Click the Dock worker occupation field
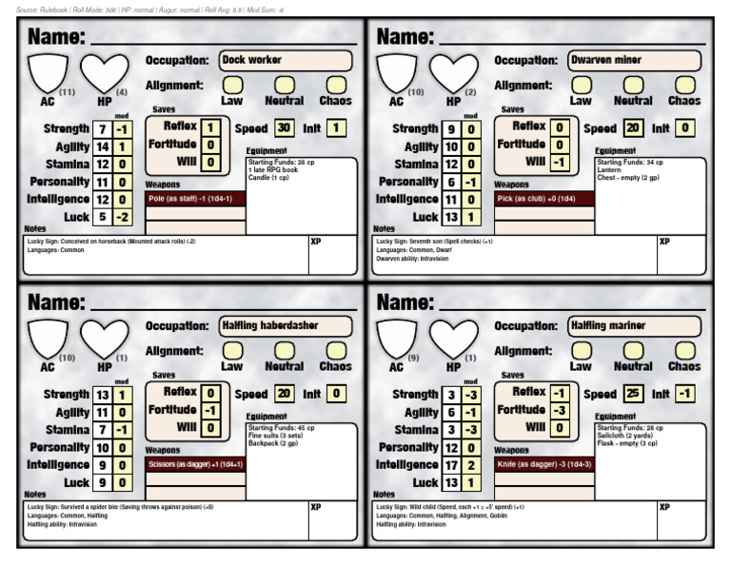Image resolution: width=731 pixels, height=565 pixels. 286,60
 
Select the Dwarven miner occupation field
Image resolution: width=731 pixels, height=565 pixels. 635,60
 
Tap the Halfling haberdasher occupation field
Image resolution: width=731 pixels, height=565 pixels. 286,325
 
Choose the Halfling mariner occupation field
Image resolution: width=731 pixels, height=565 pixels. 635,325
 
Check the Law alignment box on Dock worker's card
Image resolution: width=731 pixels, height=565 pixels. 231,86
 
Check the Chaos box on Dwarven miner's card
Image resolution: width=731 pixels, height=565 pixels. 684,86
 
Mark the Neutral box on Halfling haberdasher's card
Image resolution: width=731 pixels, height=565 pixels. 284,351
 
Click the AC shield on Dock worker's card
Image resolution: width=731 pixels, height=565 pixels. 48,72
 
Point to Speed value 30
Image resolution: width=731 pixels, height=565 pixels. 284,128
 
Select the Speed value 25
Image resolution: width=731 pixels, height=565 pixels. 633,394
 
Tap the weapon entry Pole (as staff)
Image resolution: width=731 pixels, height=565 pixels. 196,199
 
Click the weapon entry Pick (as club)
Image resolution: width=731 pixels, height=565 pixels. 544,199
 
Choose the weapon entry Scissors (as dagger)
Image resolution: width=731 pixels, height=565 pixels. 196,464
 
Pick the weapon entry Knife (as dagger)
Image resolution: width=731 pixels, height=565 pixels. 544,464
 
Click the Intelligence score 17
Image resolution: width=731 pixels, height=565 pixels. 451,465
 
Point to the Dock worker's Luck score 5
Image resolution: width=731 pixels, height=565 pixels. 102,218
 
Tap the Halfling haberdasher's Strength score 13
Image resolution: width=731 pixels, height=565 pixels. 102,395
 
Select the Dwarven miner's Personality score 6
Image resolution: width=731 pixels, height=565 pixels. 451,182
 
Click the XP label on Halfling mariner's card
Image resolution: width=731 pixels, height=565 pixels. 664,507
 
